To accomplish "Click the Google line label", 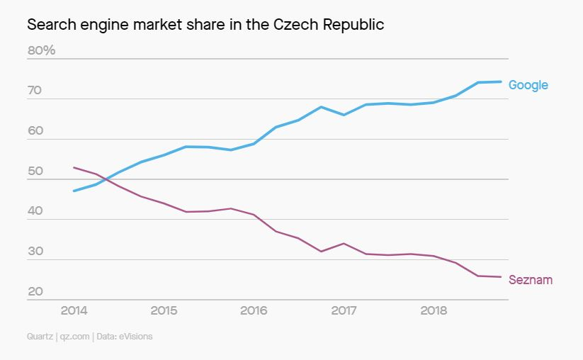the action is point(528,85).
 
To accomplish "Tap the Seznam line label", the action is point(530,280).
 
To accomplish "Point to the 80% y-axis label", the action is point(41,50).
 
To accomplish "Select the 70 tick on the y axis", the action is point(35,91).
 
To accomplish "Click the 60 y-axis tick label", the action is point(35,130).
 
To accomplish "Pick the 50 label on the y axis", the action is point(35,171).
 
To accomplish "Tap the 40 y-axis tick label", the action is point(35,211).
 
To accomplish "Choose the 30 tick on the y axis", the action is point(35,251).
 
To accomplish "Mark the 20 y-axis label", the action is point(35,291).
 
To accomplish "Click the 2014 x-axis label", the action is point(74,310).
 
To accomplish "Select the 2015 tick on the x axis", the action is point(164,310).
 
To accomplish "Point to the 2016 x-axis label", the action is point(254,310).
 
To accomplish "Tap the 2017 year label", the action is point(344,310).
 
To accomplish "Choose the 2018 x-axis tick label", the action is point(434,310).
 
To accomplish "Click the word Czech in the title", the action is point(296,25).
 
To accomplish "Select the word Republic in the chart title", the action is point(353,26).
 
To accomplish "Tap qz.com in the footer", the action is point(74,337).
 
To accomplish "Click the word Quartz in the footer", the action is point(40,337).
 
